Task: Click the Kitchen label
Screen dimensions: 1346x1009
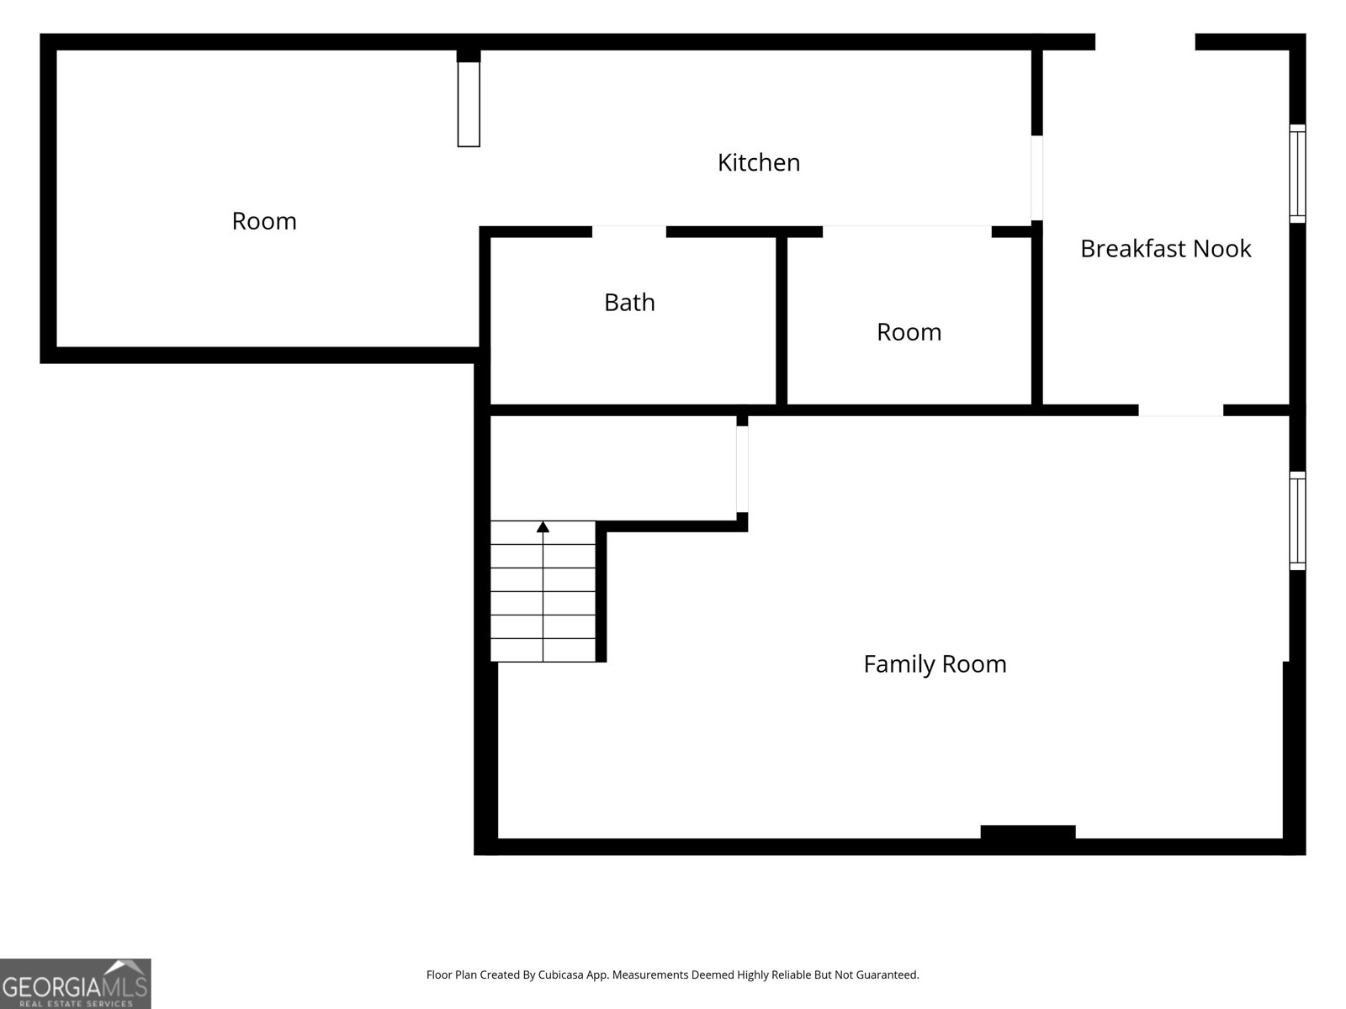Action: click(x=759, y=162)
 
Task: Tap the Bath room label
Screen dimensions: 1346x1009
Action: click(x=629, y=302)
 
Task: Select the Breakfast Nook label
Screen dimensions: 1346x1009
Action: click(x=1165, y=249)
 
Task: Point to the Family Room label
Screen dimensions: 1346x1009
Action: click(x=935, y=664)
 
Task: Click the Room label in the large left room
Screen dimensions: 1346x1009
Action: click(x=264, y=221)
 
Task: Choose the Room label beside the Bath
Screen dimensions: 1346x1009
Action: click(x=909, y=332)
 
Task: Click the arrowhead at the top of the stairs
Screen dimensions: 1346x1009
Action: click(x=543, y=527)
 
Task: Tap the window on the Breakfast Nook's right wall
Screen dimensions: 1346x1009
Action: click(x=1297, y=173)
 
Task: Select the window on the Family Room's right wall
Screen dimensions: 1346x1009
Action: click(x=1297, y=520)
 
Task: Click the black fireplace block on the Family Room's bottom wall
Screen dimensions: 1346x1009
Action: click(x=1028, y=832)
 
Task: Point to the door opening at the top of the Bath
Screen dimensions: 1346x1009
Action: click(x=628, y=231)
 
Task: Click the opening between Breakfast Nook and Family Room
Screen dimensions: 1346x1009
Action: click(x=1180, y=410)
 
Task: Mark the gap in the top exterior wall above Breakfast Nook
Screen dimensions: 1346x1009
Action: click(x=1145, y=42)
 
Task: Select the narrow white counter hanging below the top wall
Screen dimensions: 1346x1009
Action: click(x=469, y=104)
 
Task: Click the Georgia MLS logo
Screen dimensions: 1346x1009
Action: click(x=76, y=983)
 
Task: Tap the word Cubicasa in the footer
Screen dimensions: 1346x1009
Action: click(x=560, y=975)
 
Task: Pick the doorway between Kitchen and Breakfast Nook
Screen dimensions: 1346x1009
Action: click(x=1036, y=177)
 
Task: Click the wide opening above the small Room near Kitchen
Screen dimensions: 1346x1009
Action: click(x=907, y=231)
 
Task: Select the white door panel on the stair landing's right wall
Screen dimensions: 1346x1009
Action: click(x=742, y=468)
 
